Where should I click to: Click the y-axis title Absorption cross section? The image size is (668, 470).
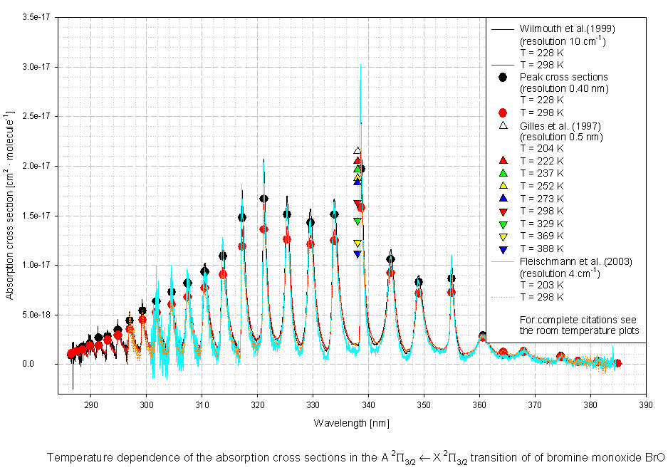click(x=9, y=205)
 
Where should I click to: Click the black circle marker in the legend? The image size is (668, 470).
click(x=503, y=77)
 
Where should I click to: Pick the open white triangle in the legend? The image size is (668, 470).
click(x=503, y=125)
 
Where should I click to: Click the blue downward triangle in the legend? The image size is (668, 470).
click(x=503, y=250)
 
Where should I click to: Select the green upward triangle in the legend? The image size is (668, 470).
click(x=503, y=174)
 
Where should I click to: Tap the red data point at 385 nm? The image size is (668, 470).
click(x=618, y=363)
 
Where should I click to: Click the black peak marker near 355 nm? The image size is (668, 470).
click(x=452, y=278)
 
